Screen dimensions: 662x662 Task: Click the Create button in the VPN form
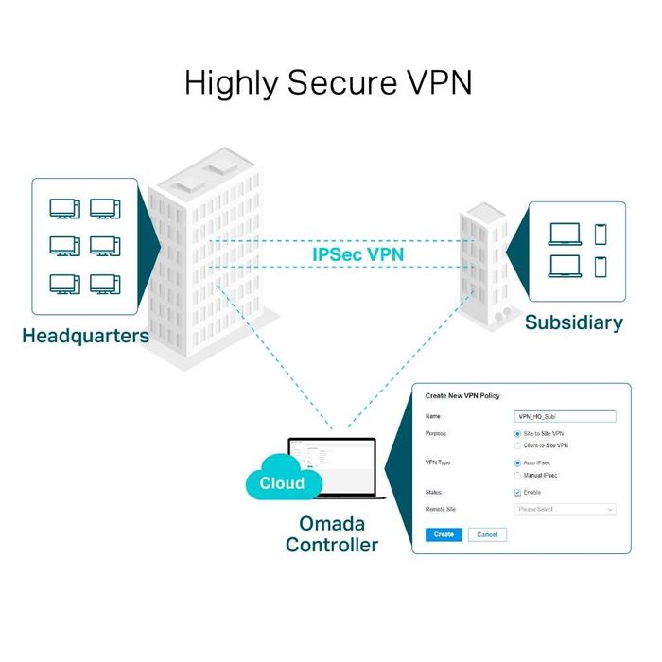click(444, 534)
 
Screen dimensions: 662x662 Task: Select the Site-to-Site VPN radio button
click(517, 433)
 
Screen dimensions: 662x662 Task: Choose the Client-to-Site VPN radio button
click(517, 445)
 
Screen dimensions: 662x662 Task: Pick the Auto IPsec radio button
click(517, 463)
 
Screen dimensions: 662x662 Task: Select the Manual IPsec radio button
click(517, 476)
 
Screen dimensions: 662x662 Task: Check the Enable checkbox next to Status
click(517, 493)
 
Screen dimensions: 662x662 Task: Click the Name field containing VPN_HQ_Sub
click(565, 416)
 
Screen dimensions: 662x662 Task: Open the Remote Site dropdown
click(565, 509)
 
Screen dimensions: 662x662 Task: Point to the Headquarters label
click(85, 336)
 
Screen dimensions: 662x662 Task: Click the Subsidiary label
click(573, 322)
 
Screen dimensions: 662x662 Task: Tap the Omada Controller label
click(331, 533)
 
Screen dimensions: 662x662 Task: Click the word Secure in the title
click(332, 82)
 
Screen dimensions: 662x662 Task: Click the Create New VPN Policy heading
click(462, 395)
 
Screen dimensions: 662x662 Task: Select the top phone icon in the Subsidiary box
click(600, 233)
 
